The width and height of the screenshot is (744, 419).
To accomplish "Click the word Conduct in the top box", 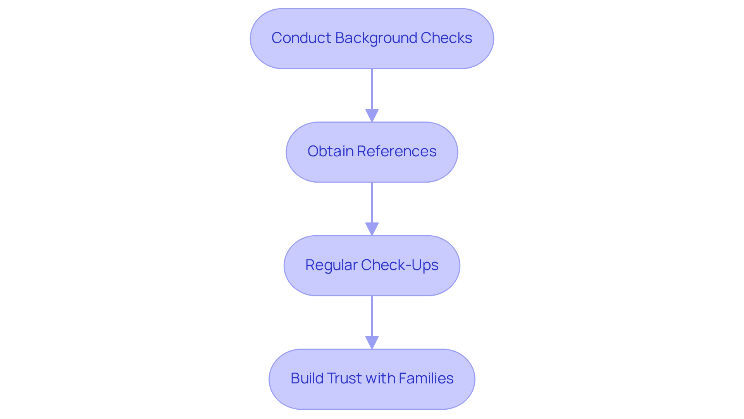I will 301,38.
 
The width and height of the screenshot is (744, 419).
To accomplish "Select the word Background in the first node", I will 376,38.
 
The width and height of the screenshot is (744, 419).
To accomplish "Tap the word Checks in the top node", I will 446,38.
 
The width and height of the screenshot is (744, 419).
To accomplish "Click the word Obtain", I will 330,151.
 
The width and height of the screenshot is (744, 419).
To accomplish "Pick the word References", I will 396,151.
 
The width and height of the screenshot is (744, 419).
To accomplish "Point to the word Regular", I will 331,265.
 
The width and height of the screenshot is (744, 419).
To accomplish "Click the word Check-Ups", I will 400,265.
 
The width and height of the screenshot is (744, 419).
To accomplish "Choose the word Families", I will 426,378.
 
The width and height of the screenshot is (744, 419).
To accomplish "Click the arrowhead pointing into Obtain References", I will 372,115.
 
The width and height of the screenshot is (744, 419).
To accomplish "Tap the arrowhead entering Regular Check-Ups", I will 372,229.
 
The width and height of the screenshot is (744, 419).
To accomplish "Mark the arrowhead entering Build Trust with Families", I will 372,342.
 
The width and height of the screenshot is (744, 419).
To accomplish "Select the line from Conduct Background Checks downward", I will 372,89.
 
